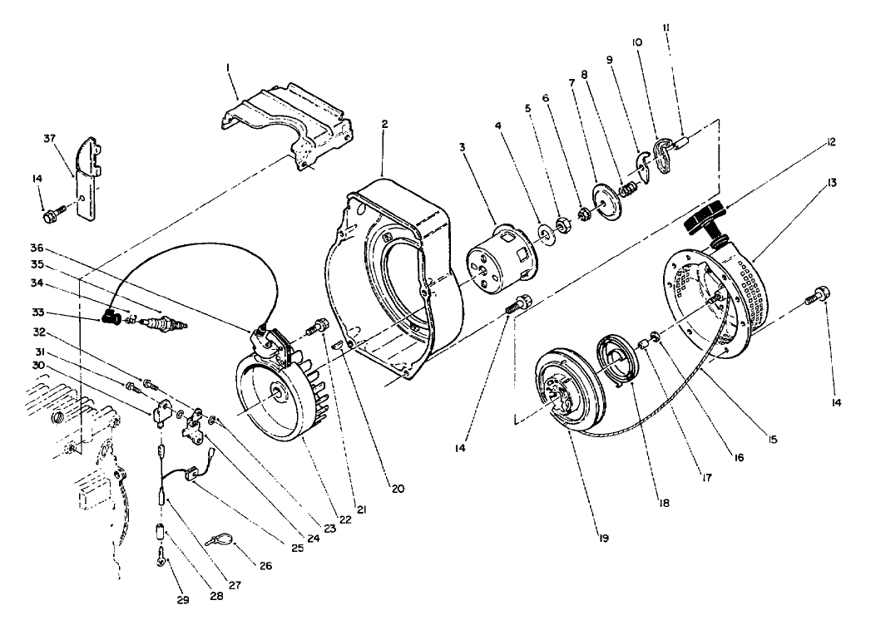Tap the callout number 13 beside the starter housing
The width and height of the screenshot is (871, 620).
pyautogui.click(x=834, y=182)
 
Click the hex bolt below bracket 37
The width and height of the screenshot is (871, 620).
pyautogui.click(x=50, y=217)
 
